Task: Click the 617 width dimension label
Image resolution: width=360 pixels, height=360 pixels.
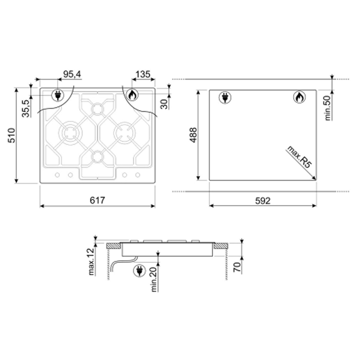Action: click(97, 200)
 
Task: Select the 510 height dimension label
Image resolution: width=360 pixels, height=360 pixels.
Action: click(11, 135)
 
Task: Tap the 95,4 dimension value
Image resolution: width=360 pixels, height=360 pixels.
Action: click(72, 74)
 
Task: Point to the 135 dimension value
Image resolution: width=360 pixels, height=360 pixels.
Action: click(143, 74)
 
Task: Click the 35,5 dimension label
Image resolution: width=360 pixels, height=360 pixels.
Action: click(26, 109)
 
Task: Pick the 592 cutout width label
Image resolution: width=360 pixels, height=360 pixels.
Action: click(263, 201)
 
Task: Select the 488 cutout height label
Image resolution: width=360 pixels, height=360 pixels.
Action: click(194, 135)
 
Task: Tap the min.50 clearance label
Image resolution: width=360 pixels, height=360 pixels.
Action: click(328, 108)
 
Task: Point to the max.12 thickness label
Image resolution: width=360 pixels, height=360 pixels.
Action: click(92, 262)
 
